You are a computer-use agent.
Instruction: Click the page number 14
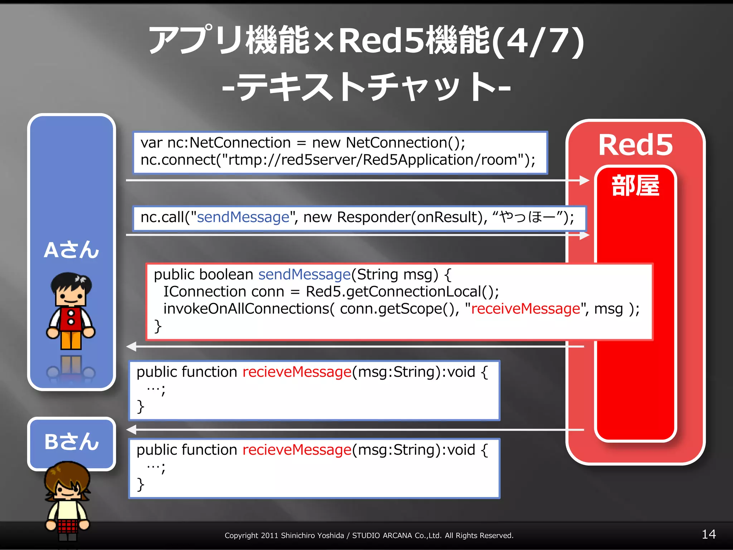(708, 534)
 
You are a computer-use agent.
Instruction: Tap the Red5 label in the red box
(635, 145)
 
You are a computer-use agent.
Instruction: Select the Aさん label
(72, 250)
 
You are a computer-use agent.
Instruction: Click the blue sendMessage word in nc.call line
(243, 217)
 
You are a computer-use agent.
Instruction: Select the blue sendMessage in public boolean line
(304, 275)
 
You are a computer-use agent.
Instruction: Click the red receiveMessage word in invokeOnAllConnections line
(525, 309)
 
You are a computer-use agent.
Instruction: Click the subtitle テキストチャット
(366, 87)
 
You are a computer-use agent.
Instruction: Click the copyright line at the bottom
(369, 535)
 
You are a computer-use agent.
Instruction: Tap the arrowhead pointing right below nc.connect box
(584, 180)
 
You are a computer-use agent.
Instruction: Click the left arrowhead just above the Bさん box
(132, 429)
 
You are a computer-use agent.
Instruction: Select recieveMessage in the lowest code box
(297, 450)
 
